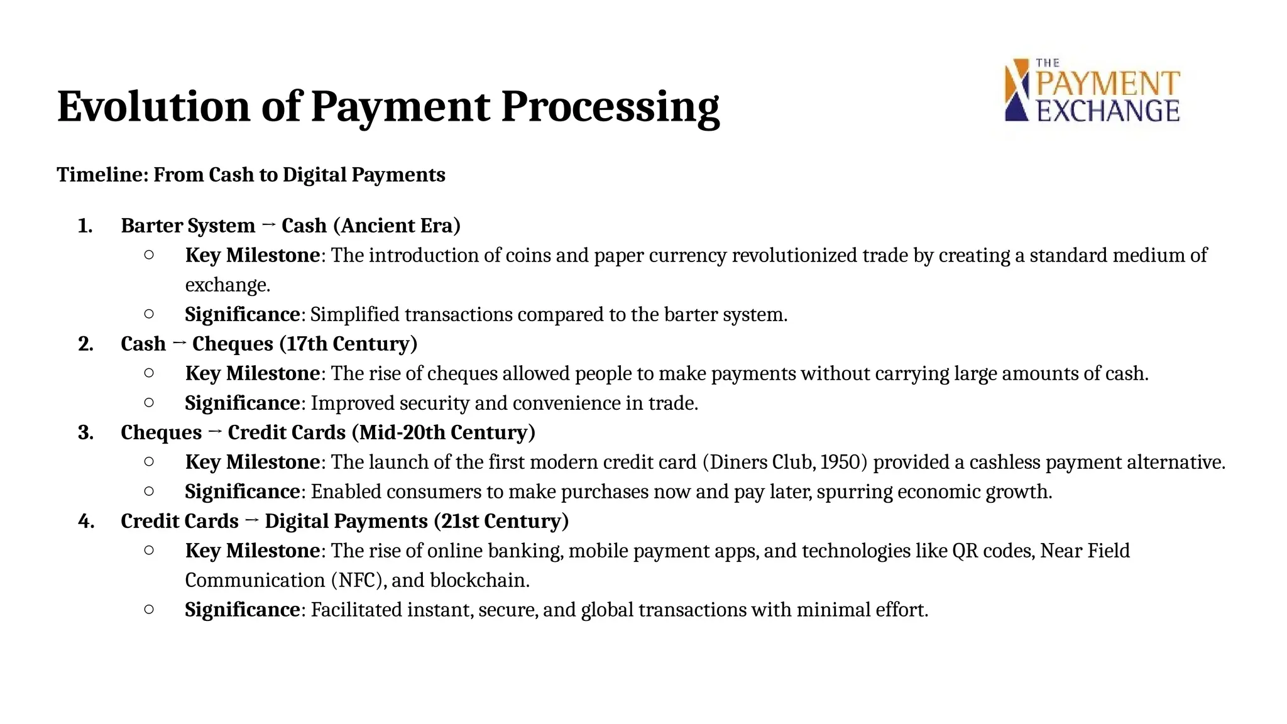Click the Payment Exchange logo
point(1092,90)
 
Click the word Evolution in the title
point(154,106)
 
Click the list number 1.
point(85,226)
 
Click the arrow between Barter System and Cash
point(268,225)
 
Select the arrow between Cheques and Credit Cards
point(214,432)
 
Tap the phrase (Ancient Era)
point(397,226)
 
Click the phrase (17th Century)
point(348,344)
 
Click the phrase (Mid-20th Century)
point(443,432)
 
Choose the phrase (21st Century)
point(501,521)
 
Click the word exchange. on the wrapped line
point(227,285)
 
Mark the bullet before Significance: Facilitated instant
point(149,608)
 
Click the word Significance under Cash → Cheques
point(243,403)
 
